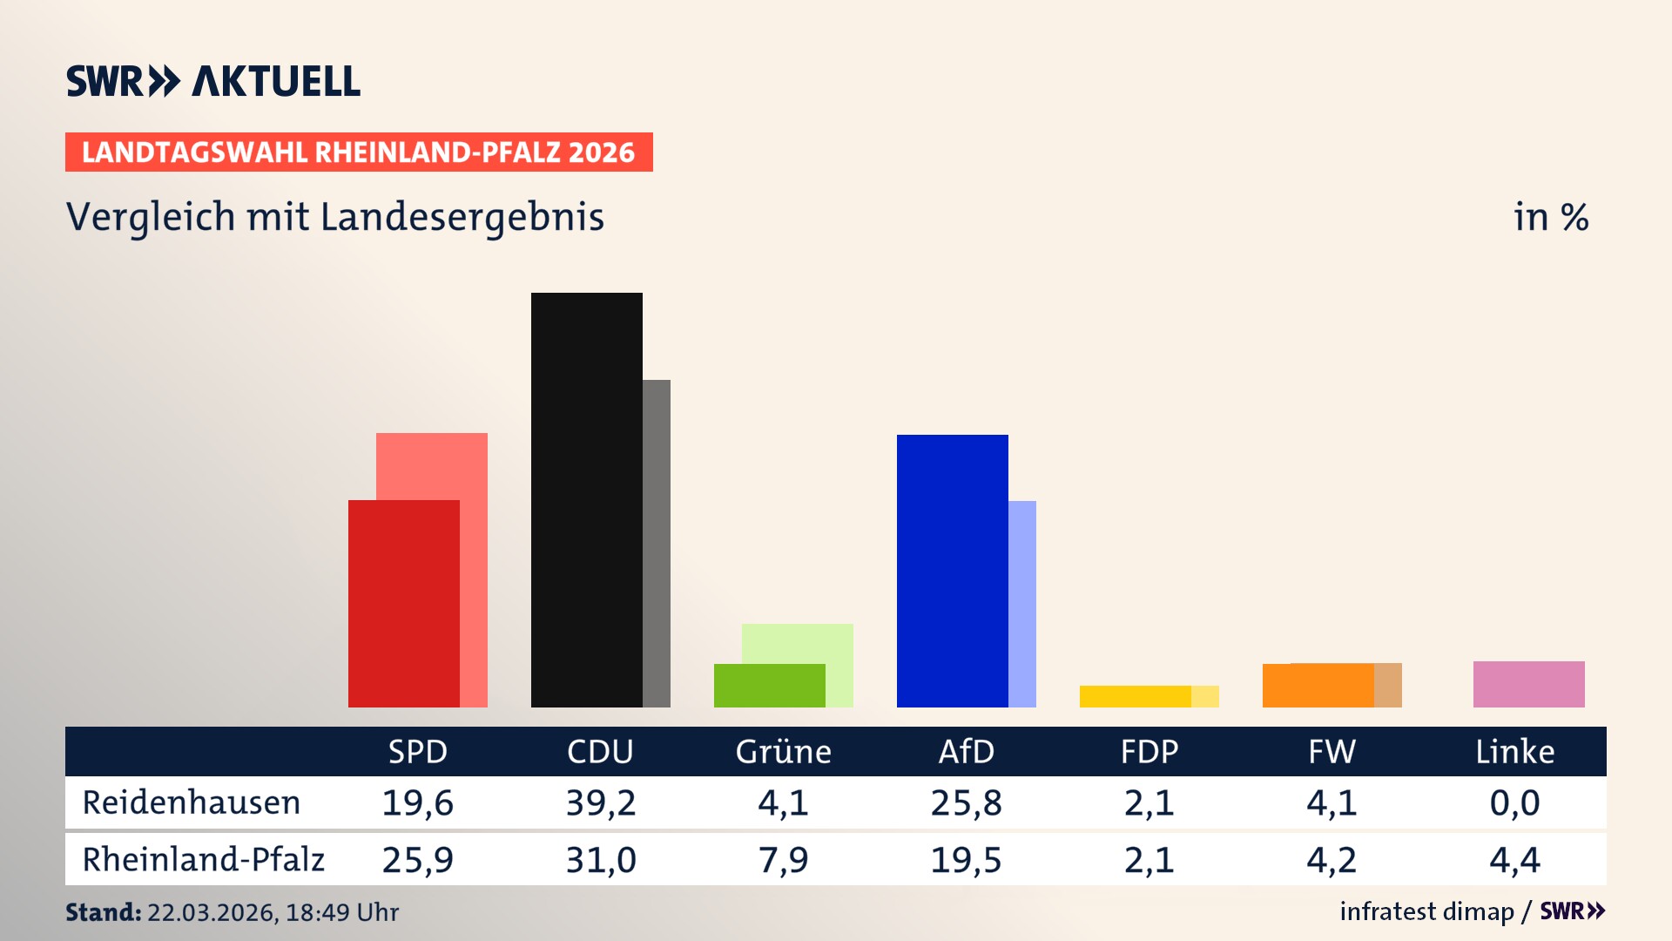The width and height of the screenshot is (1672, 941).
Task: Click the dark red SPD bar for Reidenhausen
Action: point(403,603)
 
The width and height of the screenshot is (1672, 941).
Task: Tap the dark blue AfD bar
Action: point(952,571)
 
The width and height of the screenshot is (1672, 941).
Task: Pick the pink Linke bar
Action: point(1528,684)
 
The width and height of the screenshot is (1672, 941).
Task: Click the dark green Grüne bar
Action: point(769,686)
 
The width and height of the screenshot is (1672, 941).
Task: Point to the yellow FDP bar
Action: point(1135,696)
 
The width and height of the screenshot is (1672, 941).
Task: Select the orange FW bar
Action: point(1318,686)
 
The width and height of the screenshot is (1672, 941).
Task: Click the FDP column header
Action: point(1149,751)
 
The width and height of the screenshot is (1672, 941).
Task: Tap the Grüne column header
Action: point(783,751)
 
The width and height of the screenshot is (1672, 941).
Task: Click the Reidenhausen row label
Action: point(192,802)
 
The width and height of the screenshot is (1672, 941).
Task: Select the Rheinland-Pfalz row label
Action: point(203,860)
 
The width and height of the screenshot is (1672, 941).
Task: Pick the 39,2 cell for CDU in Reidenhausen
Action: point(600,802)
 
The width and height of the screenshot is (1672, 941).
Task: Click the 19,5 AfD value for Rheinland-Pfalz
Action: point(966,860)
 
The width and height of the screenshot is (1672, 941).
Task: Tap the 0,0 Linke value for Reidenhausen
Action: point(1514,802)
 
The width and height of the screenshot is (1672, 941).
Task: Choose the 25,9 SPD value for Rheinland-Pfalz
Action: point(417,860)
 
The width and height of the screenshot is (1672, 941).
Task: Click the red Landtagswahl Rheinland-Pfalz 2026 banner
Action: point(359,152)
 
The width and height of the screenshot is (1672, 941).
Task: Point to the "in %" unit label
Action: point(1550,217)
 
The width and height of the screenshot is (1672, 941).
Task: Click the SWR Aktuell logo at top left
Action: point(213,81)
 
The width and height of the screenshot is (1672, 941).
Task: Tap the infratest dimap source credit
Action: point(1426,911)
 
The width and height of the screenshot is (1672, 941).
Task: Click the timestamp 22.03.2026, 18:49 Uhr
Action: point(273,912)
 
